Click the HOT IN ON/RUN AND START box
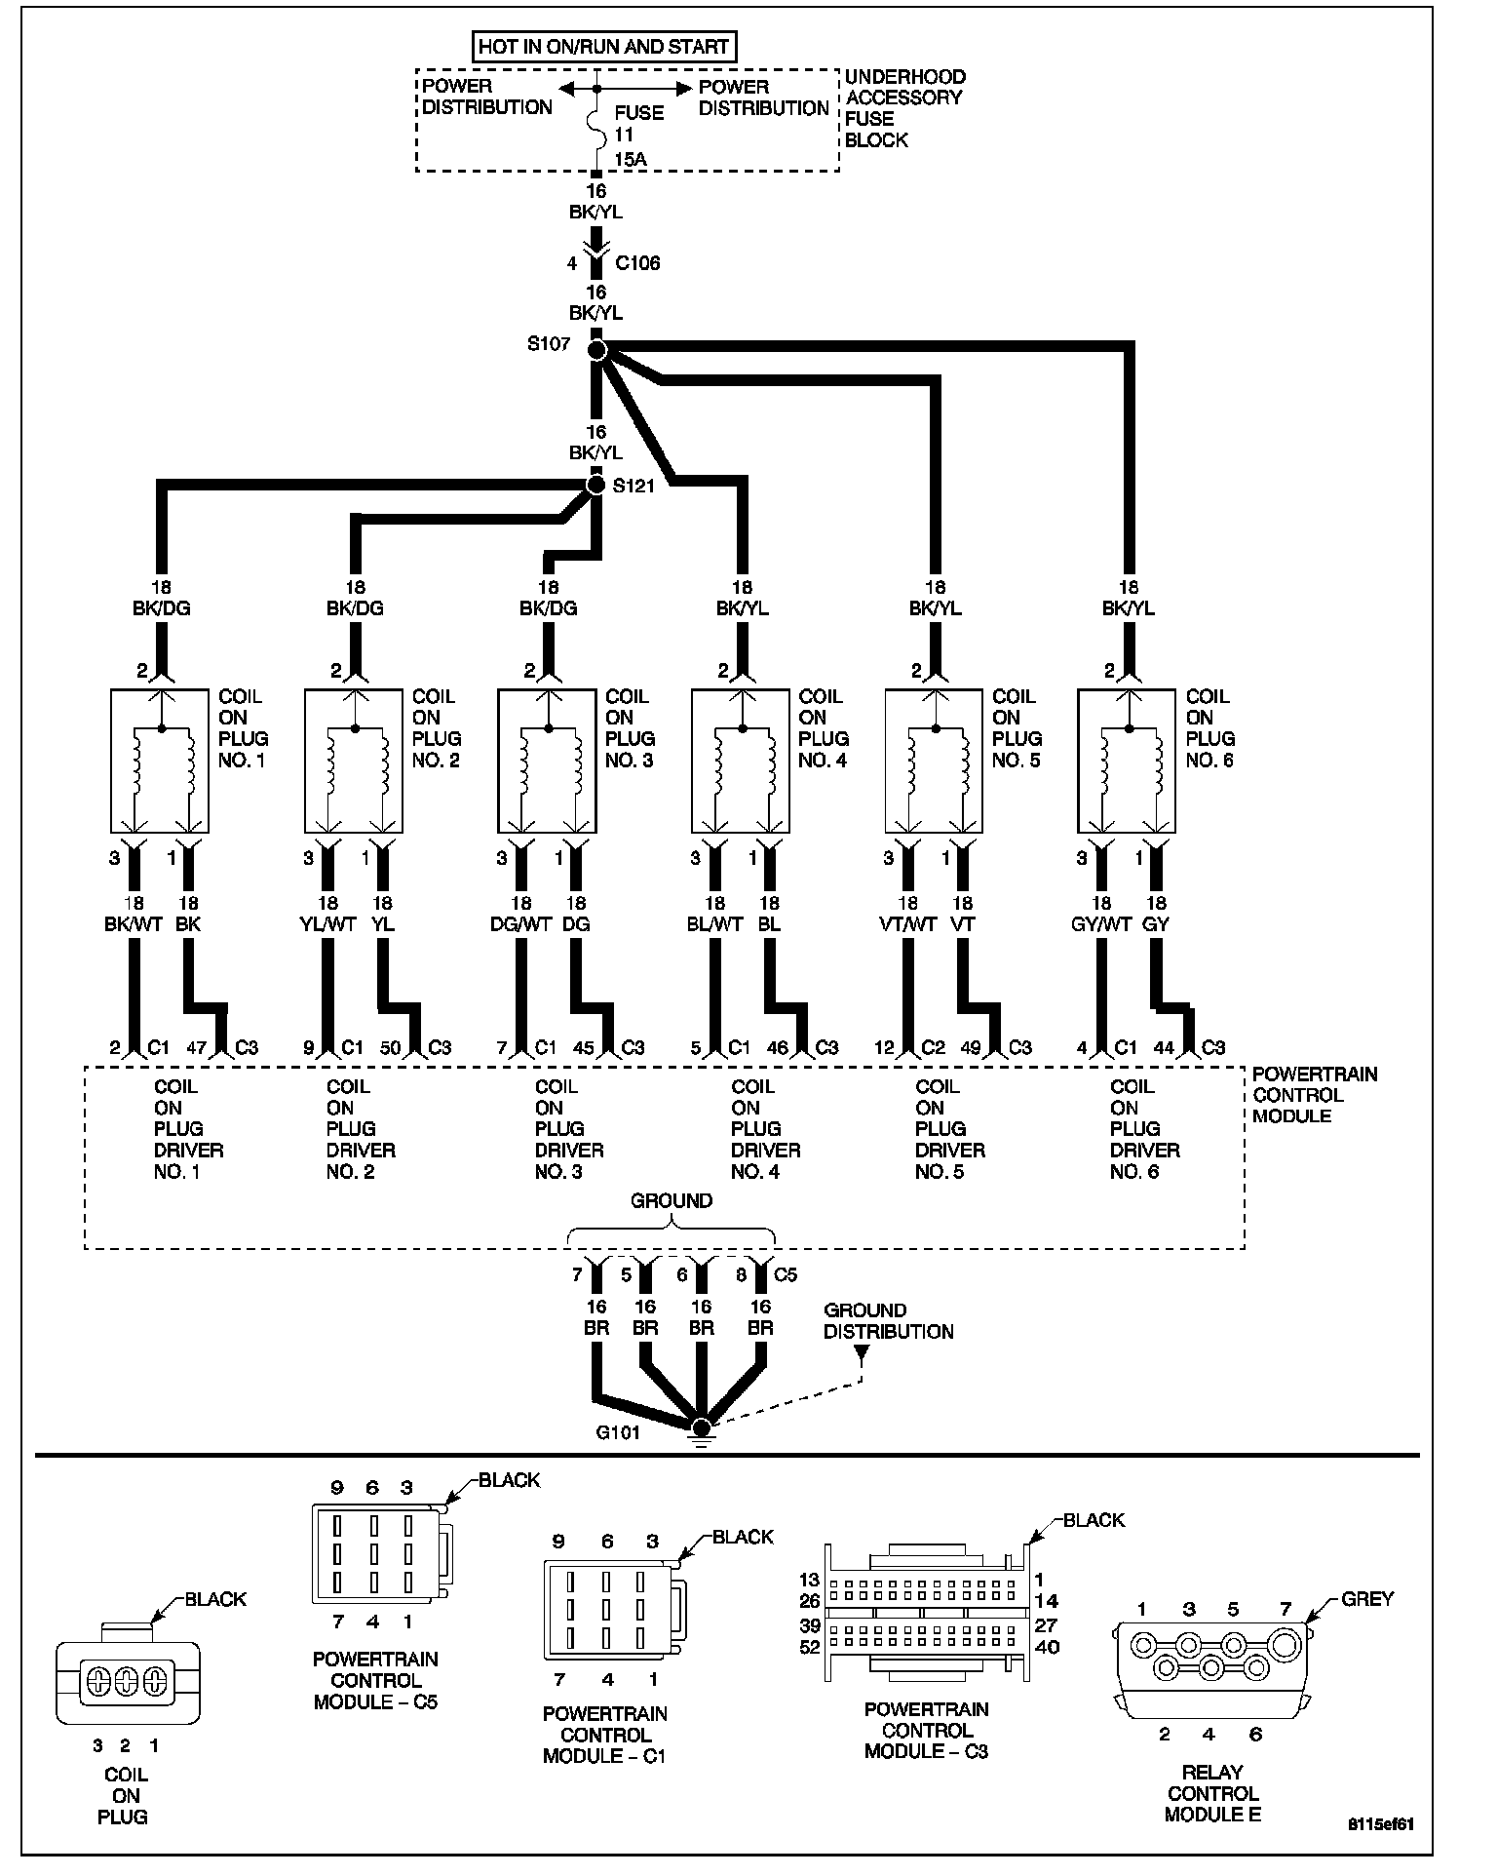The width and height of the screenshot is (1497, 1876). pos(603,46)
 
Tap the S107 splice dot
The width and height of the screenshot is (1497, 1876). pos(597,349)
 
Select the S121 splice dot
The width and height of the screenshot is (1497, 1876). pos(596,485)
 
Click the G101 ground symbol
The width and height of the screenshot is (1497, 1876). pos(700,1428)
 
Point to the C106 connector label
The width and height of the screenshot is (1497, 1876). pos(637,263)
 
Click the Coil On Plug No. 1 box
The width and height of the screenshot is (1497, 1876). pos(160,760)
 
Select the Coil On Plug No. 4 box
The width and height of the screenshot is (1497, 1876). pos(741,760)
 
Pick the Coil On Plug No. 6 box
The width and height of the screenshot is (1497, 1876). pos(1127,760)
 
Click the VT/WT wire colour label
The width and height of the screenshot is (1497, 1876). pos(907,924)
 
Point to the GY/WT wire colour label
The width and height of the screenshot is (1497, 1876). pos(1099,924)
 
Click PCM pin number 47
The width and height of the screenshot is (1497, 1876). pos(196,1047)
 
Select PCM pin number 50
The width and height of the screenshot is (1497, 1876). pos(390,1047)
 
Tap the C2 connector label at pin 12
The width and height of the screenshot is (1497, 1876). pos(933,1047)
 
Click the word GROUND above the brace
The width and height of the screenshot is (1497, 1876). pos(672,1201)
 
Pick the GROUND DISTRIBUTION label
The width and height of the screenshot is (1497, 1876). pos(888,1321)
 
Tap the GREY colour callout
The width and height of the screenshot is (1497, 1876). pos(1367,1599)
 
